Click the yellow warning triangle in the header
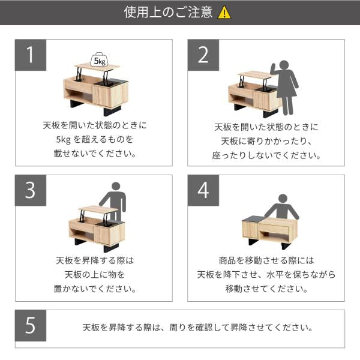pyautogui.click(x=224, y=13)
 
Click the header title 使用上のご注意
pyautogui.click(x=169, y=13)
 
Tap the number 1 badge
pyautogui.click(x=29, y=55)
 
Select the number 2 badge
pyautogui.click(x=203, y=55)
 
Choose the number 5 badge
pyautogui.click(x=29, y=328)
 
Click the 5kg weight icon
pyautogui.click(x=97, y=60)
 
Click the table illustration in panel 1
pyautogui.click(x=96, y=90)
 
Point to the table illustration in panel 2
pyautogui.click(x=252, y=93)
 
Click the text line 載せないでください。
pyautogui.click(x=96, y=154)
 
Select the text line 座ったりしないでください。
pyautogui.click(x=267, y=155)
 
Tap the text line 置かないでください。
pyautogui.click(x=96, y=289)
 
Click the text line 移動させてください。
pyautogui.click(x=267, y=289)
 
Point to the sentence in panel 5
pyautogui.click(x=198, y=328)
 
